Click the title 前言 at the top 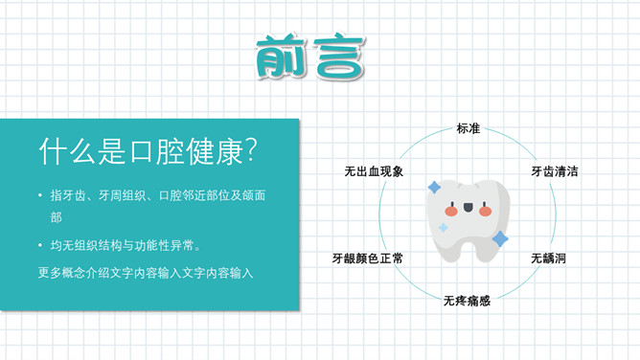tap(310, 58)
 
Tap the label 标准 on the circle tap(468, 129)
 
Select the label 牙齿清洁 tap(554, 172)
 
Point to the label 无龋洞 tap(549, 259)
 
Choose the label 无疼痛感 tap(467, 301)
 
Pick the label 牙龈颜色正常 tap(367, 259)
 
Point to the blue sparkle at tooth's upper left tap(434, 187)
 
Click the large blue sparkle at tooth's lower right tap(499, 238)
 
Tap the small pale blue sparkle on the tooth tap(444, 228)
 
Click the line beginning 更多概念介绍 tap(146, 273)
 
